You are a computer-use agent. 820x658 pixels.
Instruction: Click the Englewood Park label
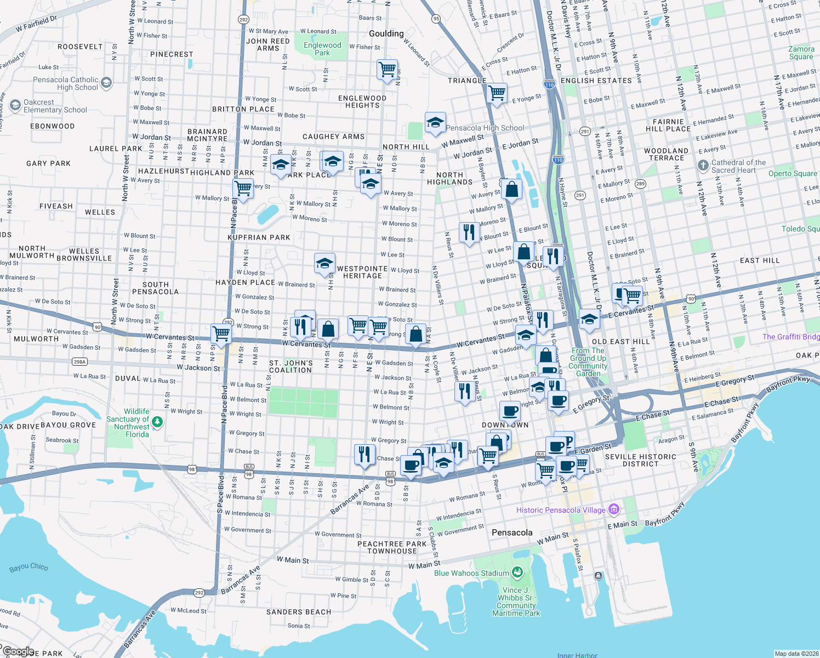tap(322, 49)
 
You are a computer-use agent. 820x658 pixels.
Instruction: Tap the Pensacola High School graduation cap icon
tap(435, 122)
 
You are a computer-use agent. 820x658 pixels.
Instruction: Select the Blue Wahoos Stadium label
tap(471, 573)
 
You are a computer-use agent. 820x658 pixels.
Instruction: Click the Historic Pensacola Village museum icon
tap(614, 510)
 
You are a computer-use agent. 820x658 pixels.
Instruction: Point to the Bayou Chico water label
tap(29, 568)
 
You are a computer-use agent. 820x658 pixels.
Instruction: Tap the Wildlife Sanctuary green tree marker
tap(157, 422)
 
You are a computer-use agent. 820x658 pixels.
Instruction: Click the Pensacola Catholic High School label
tap(66, 83)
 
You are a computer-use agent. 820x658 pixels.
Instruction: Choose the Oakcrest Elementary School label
tap(55, 106)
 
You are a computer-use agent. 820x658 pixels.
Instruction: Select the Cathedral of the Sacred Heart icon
tap(703, 166)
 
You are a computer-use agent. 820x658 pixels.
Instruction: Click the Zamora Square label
tap(801, 53)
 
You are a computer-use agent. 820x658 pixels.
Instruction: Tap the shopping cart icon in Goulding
tap(388, 69)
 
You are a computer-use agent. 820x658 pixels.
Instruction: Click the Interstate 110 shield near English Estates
tap(549, 84)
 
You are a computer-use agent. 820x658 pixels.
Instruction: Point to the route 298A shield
tap(80, 361)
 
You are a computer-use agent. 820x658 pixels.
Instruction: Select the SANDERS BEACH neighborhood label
tap(299, 612)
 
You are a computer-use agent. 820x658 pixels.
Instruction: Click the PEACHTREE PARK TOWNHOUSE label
tap(392, 547)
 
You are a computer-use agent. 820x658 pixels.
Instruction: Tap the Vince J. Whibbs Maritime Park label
tap(516, 602)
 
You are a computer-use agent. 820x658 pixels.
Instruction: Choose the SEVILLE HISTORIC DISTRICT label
tap(640, 460)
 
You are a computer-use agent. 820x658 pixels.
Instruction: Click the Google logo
tap(18, 651)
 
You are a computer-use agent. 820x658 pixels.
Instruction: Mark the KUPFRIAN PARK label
tap(259, 237)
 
